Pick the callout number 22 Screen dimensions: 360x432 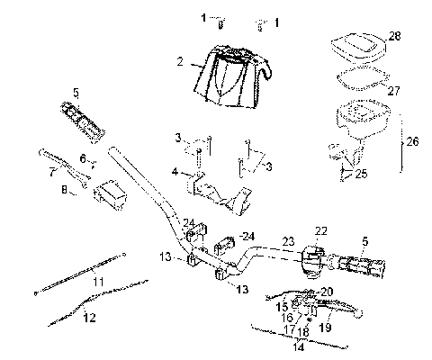[320, 231]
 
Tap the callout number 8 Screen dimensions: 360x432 [64, 190]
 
